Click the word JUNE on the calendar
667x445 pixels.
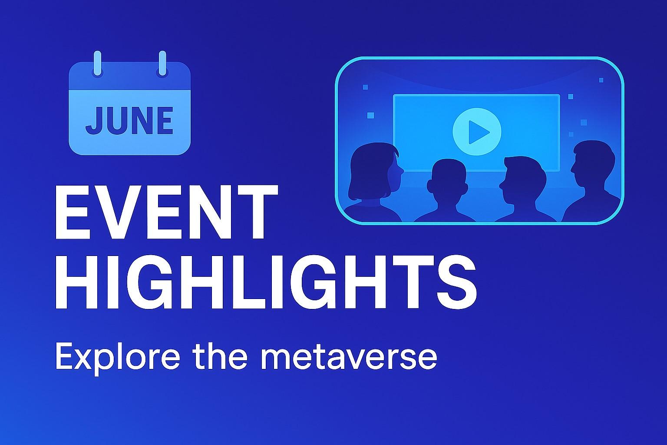tap(129, 120)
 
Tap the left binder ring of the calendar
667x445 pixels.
tap(97, 63)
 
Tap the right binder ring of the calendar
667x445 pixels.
tap(162, 63)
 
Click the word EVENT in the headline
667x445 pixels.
tap(167, 212)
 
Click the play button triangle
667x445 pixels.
tap(478, 132)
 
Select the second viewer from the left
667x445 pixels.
tap(446, 191)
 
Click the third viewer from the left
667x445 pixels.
tap(525, 189)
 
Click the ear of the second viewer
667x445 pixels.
tap(430, 186)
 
